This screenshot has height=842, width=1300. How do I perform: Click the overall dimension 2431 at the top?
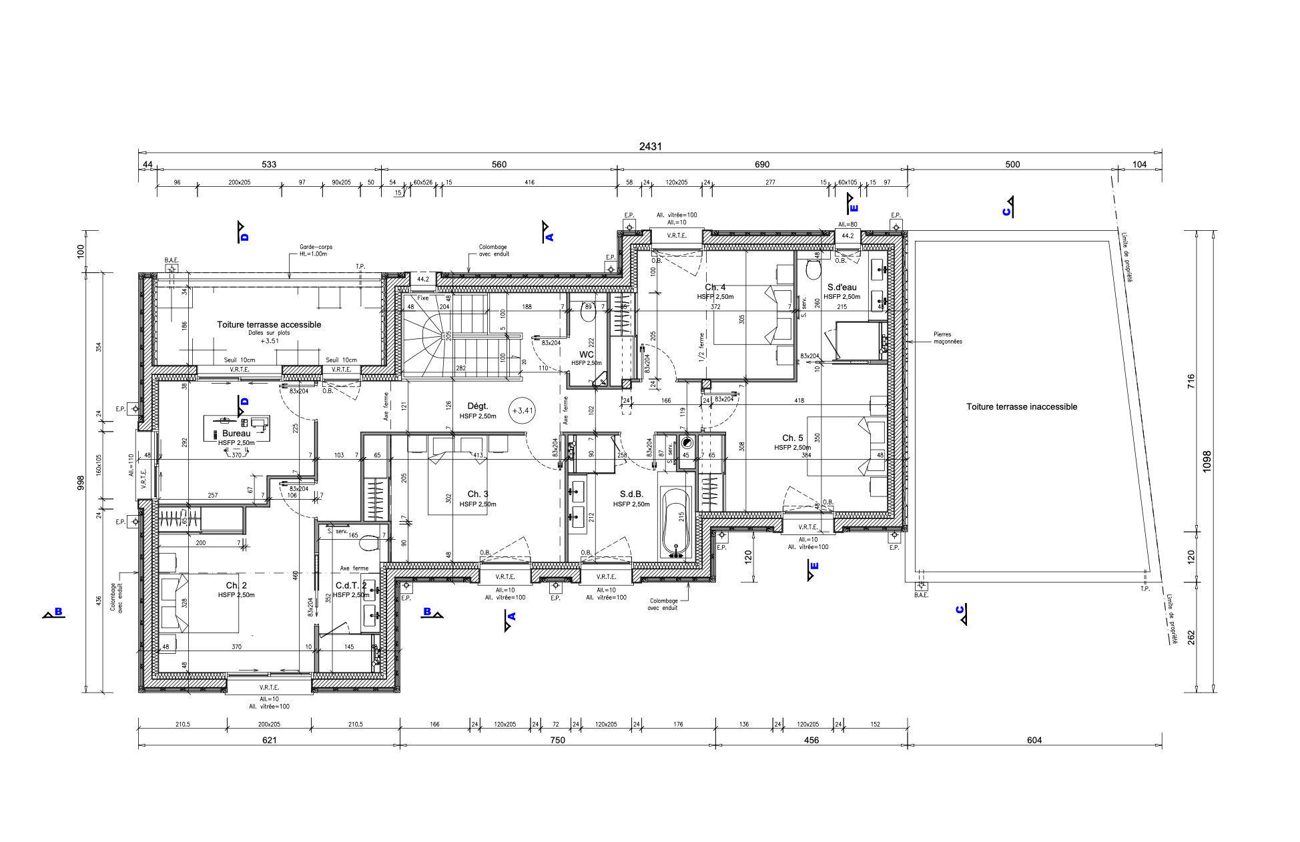click(650, 146)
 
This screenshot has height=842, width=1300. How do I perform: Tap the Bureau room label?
click(236, 434)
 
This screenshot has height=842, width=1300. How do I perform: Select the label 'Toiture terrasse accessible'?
click(269, 325)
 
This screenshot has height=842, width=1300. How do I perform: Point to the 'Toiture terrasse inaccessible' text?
click(1022, 407)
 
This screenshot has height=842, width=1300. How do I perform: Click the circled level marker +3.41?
click(522, 411)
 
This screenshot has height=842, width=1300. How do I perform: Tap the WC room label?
click(586, 355)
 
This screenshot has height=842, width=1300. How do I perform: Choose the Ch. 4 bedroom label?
click(715, 288)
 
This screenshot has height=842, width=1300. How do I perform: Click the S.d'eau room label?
click(842, 288)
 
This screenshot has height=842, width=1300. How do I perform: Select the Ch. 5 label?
click(792, 438)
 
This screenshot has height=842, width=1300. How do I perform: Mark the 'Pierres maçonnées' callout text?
click(947, 338)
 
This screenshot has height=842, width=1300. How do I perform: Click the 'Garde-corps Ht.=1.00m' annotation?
click(316, 250)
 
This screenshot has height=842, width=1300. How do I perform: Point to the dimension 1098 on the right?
click(1207, 462)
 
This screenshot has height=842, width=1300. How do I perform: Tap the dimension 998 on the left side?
click(81, 482)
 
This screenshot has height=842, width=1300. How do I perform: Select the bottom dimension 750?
click(557, 740)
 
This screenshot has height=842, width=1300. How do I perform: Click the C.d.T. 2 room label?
click(351, 586)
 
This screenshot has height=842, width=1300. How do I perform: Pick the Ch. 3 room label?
click(478, 494)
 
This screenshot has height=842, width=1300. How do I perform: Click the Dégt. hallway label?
click(478, 406)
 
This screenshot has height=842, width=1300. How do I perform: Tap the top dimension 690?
click(762, 164)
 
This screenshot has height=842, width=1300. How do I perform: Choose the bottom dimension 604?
click(1034, 740)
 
